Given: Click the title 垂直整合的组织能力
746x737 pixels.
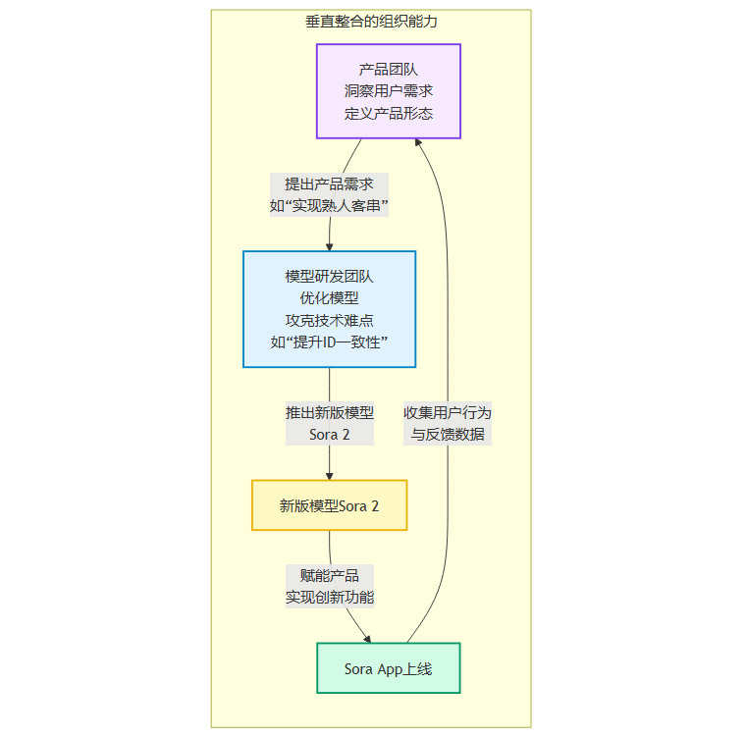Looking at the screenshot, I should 371,21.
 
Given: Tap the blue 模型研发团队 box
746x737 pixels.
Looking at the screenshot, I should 329,308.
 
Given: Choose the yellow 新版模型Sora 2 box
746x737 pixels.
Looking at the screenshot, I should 329,505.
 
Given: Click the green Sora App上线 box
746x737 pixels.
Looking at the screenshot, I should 388,668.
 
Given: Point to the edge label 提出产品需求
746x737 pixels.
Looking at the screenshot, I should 329,184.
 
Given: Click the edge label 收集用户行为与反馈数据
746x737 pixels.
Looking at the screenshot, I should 448,423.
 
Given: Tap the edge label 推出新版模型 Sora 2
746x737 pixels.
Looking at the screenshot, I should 329,423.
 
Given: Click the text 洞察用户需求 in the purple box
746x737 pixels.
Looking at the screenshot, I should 389,91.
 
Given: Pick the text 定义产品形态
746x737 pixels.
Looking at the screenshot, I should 389,113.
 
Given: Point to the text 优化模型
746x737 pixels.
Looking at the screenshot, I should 329,298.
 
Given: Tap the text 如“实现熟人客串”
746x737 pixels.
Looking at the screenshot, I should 329,206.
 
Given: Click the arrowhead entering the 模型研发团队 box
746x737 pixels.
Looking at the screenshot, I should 329,245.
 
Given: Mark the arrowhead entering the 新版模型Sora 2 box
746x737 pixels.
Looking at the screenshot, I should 329,475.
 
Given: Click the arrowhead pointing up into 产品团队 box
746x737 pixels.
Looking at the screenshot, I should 419,144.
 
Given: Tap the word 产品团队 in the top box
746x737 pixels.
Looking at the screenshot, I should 389,70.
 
